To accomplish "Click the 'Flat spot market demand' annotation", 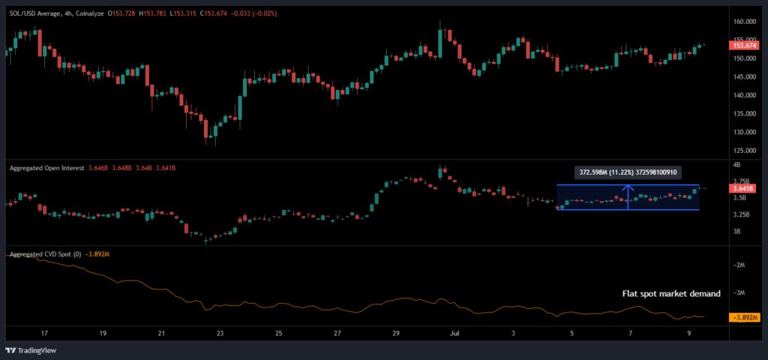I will pos(671,294).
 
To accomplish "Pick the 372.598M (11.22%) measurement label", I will pos(627,172).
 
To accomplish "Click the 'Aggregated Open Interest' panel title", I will pos(46,169).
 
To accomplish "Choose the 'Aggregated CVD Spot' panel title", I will pos(45,254).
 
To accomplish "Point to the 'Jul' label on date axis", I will pos(454,333).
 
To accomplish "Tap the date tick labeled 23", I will pos(220,333).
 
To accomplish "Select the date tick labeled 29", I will pos(397,333).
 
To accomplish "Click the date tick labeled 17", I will pos(44,333).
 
